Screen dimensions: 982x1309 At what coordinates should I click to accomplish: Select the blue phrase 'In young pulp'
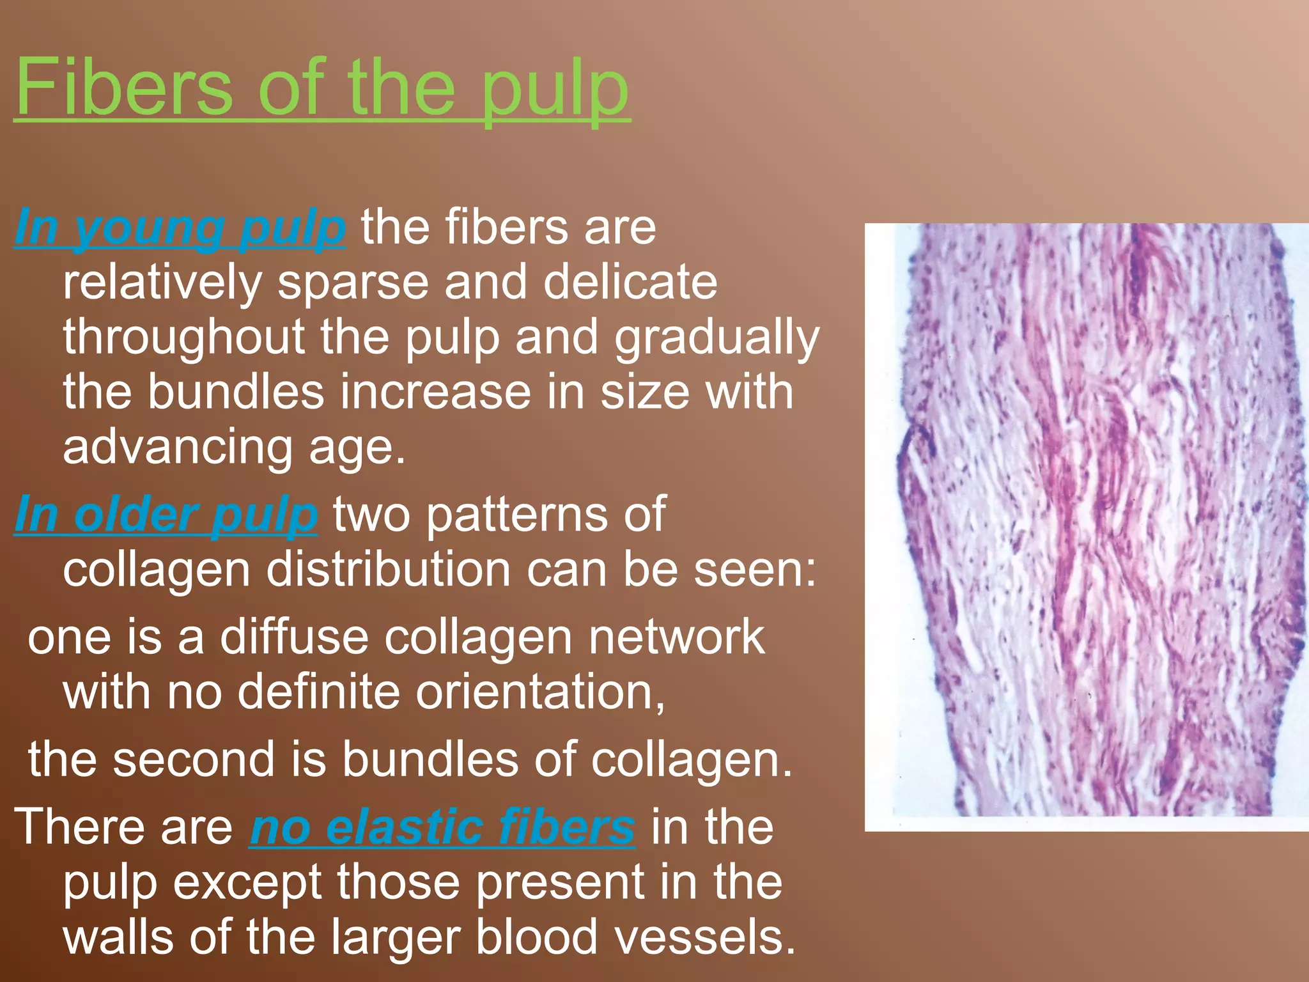[x=180, y=228]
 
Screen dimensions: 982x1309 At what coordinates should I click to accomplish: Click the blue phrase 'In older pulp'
[x=166, y=515]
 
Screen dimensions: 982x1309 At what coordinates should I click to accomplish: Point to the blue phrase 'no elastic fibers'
[x=442, y=827]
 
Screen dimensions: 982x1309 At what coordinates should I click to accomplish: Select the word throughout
[x=184, y=337]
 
